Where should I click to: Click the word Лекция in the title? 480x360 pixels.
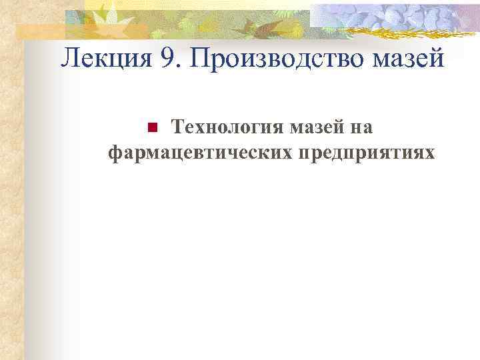(x=106, y=59)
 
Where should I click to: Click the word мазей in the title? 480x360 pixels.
(x=407, y=61)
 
